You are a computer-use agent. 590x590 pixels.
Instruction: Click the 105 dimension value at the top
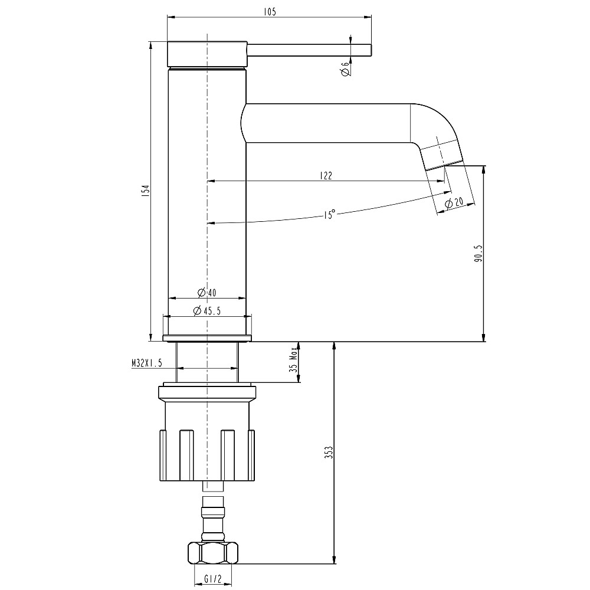pyautogui.click(x=270, y=11)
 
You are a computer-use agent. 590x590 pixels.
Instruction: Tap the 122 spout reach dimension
pyautogui.click(x=326, y=175)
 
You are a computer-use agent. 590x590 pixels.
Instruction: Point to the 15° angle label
pyautogui.click(x=329, y=214)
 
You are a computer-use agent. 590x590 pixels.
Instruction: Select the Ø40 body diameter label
pyautogui.click(x=207, y=293)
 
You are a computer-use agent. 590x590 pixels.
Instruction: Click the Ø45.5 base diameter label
pyautogui.click(x=207, y=312)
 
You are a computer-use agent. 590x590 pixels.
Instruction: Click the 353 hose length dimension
pyautogui.click(x=329, y=453)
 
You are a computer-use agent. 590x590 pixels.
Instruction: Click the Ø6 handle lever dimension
pyautogui.click(x=345, y=69)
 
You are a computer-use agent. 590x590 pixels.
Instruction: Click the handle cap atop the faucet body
pyautogui.click(x=207, y=54)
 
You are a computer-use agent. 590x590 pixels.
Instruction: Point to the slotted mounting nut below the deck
pyautogui.click(x=206, y=454)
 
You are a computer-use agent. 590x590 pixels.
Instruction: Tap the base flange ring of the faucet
pyautogui.click(x=207, y=337)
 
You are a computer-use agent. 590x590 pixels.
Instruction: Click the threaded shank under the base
pyautogui.click(x=207, y=362)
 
